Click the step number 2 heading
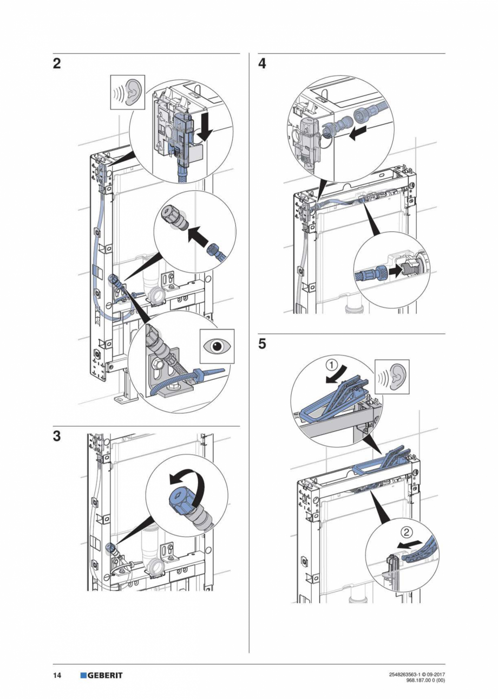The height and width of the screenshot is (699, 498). coord(57,64)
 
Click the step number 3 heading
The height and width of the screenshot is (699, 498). coord(57,437)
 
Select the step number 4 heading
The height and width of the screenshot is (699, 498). coord(263,64)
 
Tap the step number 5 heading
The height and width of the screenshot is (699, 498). coord(263,345)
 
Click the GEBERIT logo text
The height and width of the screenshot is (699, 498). coord(106,675)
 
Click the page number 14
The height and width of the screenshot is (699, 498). coord(57,675)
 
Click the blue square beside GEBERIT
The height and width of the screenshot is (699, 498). coord(83,675)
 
